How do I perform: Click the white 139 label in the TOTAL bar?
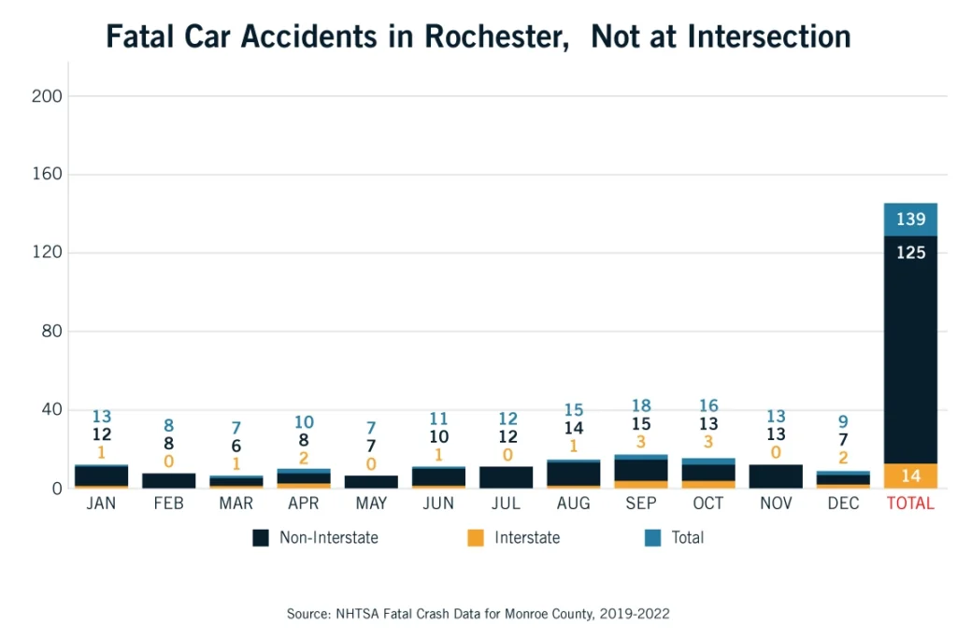pyautogui.click(x=910, y=220)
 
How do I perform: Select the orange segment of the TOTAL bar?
pyautogui.click(x=910, y=476)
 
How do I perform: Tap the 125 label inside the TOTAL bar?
pyautogui.click(x=910, y=252)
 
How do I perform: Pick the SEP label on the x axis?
pyautogui.click(x=641, y=504)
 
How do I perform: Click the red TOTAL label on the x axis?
pyautogui.click(x=910, y=504)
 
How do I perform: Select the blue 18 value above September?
pyautogui.click(x=641, y=405)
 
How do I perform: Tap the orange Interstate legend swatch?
pyautogui.click(x=476, y=538)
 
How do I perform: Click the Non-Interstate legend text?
pyautogui.click(x=328, y=538)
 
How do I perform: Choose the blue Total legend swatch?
pyautogui.click(x=652, y=538)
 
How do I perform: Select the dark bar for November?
pyautogui.click(x=776, y=476)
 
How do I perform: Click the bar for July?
pyautogui.click(x=507, y=477)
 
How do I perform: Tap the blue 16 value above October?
pyautogui.click(x=708, y=405)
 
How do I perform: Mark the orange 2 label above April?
pyautogui.click(x=304, y=458)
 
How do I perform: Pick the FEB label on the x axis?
pyautogui.click(x=168, y=504)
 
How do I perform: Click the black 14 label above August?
pyautogui.click(x=574, y=429)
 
